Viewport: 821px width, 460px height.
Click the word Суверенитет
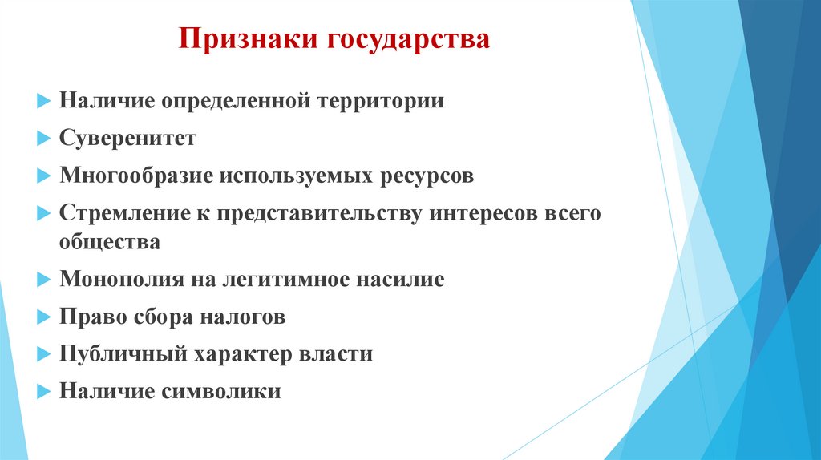pos(127,139)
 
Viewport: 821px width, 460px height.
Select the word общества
pos(110,242)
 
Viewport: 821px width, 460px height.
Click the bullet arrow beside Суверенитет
pos(42,139)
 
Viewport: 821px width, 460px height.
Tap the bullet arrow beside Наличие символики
pos(42,393)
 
